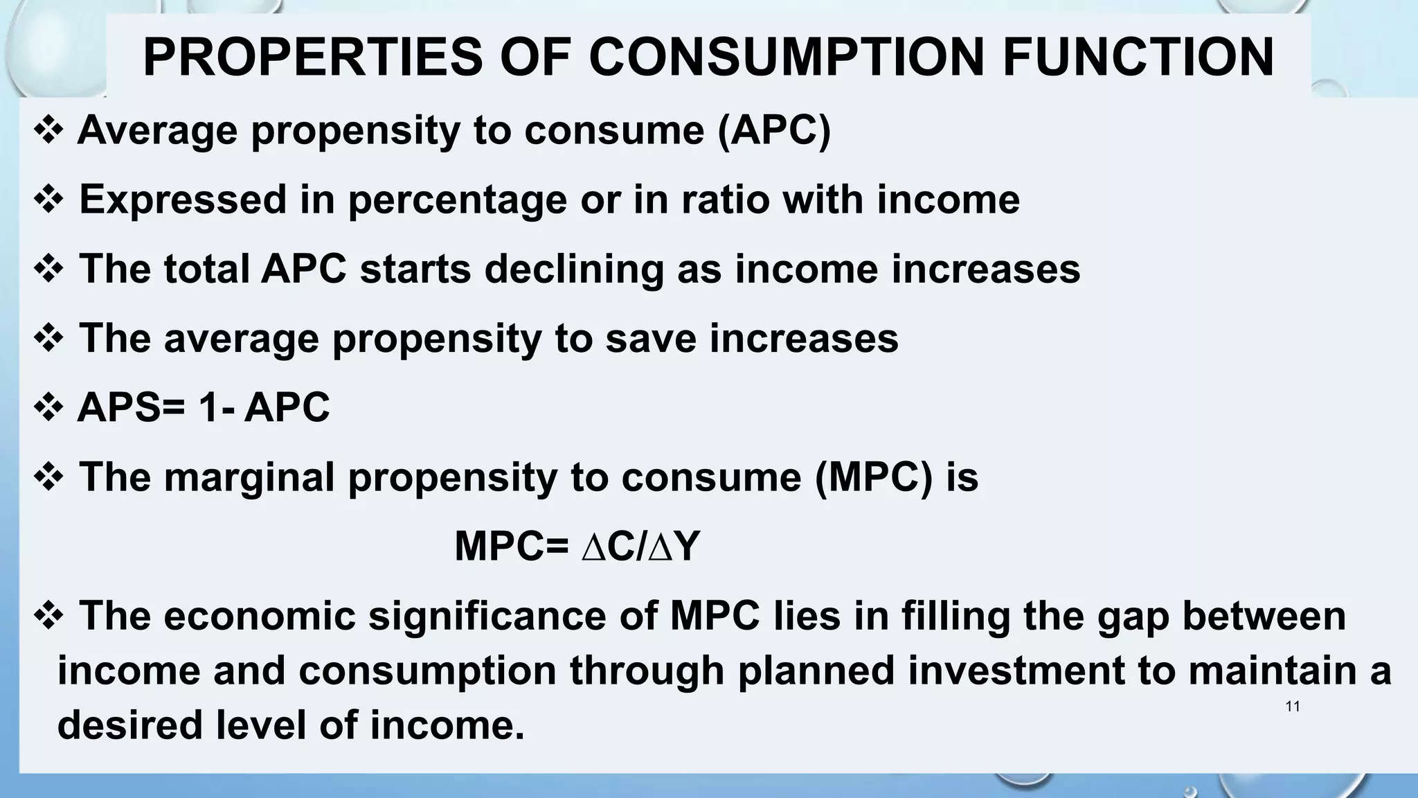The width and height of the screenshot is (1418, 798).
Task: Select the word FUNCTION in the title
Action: [1138, 57]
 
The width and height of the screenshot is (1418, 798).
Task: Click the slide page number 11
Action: [1292, 707]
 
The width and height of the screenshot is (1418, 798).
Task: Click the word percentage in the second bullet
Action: [457, 199]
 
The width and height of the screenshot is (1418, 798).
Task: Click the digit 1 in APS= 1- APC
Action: [208, 407]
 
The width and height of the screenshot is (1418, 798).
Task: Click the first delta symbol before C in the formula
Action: [593, 547]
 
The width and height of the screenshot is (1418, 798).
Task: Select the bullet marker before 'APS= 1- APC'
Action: [48, 407]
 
